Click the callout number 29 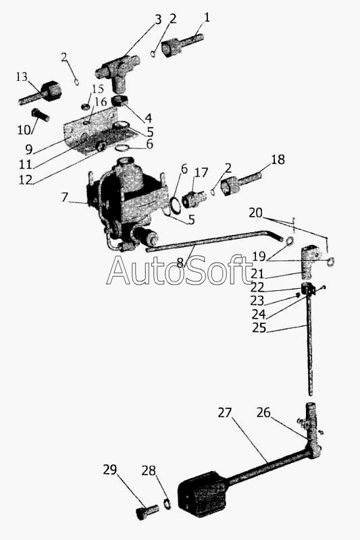click(x=110, y=470)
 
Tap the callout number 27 click(x=225, y=412)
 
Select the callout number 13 click(x=22, y=76)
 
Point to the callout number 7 click(x=64, y=197)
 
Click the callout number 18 click(x=278, y=159)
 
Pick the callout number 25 click(x=259, y=328)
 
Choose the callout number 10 click(x=24, y=130)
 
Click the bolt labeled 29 click(x=147, y=512)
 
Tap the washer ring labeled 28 click(x=167, y=504)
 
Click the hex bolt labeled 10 click(x=41, y=115)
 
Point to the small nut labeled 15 click(x=84, y=107)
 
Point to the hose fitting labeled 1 click(x=182, y=45)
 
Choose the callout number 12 click(x=25, y=180)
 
